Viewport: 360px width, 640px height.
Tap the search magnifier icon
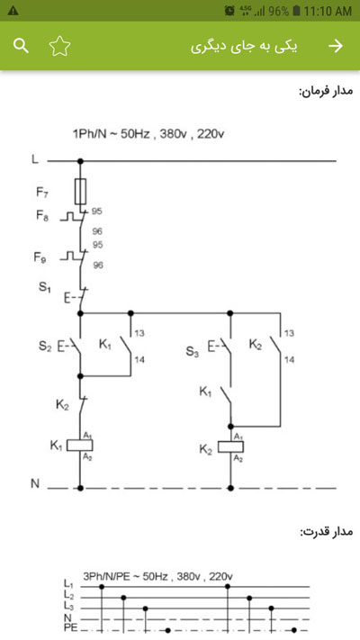pos(21,46)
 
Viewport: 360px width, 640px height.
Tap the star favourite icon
pos(60,46)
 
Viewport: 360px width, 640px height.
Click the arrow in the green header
pos(336,46)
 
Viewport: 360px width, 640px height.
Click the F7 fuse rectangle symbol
pos(80,191)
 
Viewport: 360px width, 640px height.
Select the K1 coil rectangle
pos(80,446)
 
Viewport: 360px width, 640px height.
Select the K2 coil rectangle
pos(230,447)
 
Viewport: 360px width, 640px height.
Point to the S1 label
pos(44,287)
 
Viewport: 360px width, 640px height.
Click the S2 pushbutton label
pos(45,347)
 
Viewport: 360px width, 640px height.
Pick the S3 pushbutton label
pos(193,351)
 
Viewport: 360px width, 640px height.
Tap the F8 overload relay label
pos(42,216)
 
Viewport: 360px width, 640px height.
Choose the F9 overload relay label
pos(40,258)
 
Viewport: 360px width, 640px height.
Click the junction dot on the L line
pos(80,161)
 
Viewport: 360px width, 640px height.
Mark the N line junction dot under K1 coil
pos(80,488)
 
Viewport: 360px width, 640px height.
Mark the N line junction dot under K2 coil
pos(230,488)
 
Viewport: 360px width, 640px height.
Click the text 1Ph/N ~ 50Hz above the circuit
pos(111,134)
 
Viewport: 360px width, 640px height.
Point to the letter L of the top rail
pos(35,159)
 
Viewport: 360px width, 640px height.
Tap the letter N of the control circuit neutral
pos(35,483)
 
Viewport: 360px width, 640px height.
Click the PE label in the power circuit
pos(70,628)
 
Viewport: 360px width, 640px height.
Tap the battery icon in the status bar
pos(297,11)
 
